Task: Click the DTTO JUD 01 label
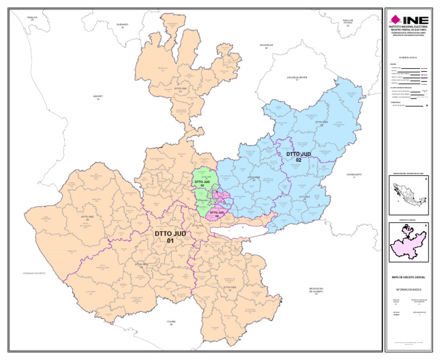pos(170,237)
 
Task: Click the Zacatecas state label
pos(266,46)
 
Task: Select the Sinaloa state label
pos(32,18)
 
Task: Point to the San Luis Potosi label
pos(348,23)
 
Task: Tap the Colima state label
pos(171,323)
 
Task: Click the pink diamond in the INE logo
pos(395,18)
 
